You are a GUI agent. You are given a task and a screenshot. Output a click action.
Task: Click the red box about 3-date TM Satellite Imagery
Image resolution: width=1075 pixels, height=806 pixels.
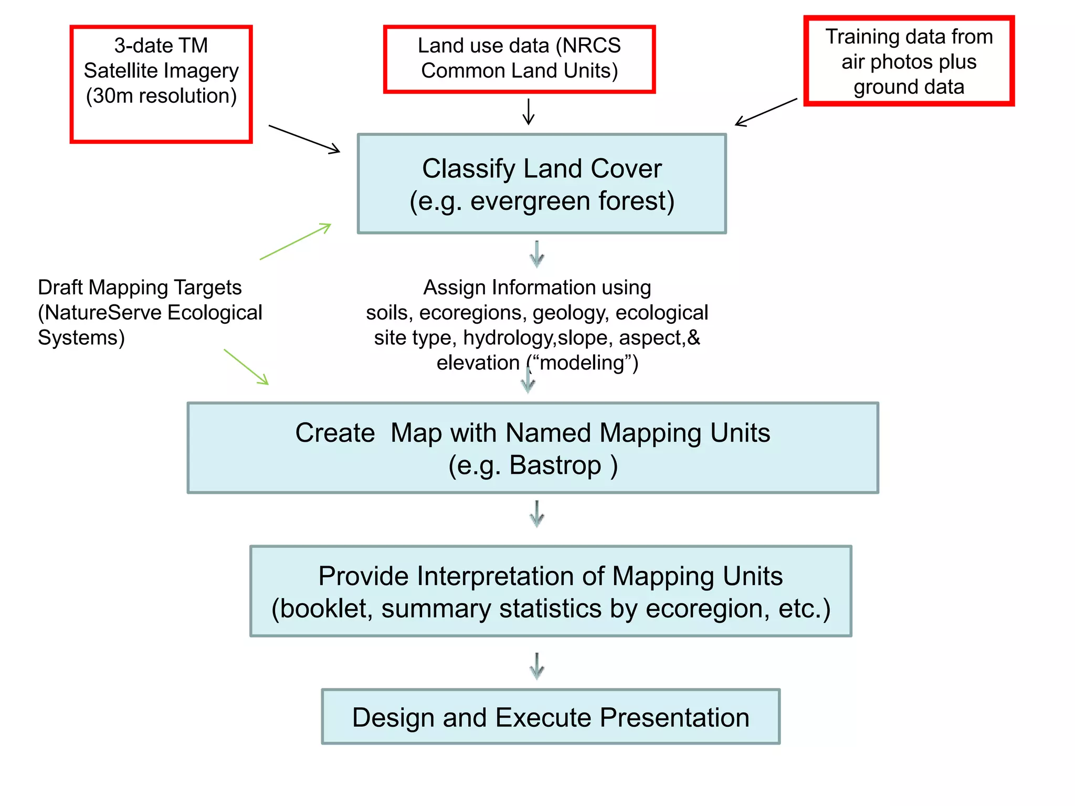click(161, 84)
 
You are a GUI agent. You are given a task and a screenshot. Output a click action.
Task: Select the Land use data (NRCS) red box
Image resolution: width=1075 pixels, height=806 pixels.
click(519, 59)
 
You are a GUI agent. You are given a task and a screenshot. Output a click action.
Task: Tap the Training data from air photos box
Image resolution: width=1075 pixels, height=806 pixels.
click(909, 61)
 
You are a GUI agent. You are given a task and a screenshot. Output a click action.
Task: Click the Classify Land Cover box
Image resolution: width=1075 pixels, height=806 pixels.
click(542, 184)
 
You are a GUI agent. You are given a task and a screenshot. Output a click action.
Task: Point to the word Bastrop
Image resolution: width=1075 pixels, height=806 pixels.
click(555, 465)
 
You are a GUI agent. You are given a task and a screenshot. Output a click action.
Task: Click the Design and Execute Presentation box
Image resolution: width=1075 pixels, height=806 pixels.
click(551, 717)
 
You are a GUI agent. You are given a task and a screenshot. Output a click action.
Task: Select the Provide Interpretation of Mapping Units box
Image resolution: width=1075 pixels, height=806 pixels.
click(551, 591)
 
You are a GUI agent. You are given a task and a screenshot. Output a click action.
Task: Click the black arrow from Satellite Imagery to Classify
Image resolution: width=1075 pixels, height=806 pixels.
click(304, 139)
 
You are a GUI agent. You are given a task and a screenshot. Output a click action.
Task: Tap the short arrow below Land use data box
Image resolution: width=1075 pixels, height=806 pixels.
click(529, 111)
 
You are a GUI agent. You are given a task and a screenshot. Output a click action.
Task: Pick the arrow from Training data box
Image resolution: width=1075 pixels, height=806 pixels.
click(766, 112)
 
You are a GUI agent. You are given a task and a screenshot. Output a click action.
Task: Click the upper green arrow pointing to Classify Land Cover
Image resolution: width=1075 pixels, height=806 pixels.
click(296, 241)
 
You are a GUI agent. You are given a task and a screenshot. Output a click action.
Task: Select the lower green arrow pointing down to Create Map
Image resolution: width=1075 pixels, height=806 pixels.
click(246, 367)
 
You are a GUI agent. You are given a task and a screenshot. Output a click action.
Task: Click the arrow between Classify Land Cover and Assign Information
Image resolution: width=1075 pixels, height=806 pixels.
click(536, 254)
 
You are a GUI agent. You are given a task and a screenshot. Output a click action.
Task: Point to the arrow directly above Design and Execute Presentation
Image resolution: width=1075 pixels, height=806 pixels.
click(536, 666)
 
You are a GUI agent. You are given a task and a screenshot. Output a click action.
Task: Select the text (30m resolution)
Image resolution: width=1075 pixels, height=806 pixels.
click(161, 96)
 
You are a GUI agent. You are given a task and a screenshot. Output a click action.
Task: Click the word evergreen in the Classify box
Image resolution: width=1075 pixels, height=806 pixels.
click(530, 201)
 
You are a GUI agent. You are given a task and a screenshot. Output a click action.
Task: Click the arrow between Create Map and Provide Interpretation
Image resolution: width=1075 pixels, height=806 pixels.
click(536, 514)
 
